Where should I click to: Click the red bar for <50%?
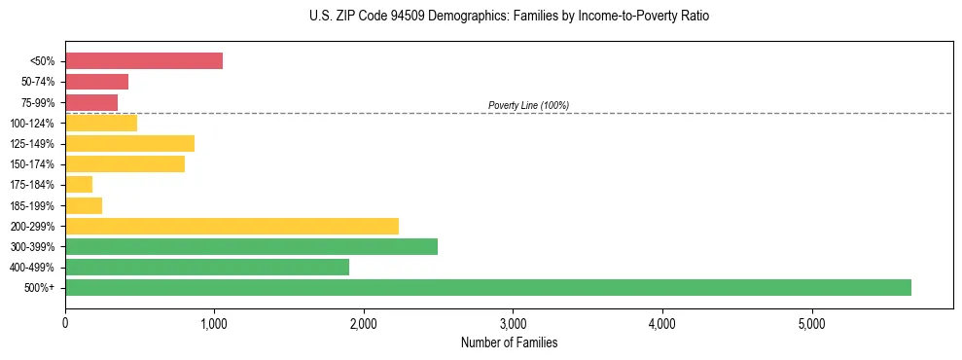click(x=144, y=61)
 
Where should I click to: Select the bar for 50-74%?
click(x=96, y=82)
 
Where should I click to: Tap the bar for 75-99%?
click(x=91, y=102)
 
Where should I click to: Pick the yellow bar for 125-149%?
click(x=129, y=143)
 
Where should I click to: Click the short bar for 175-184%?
click(x=79, y=185)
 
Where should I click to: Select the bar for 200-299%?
click(x=232, y=226)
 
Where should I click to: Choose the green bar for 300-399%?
click(x=251, y=246)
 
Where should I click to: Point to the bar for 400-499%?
click(x=207, y=267)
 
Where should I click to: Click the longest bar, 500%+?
click(x=488, y=287)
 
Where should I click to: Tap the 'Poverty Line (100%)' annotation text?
click(x=528, y=105)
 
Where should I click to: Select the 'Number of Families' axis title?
click(x=509, y=342)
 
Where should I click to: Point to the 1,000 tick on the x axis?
click(x=214, y=323)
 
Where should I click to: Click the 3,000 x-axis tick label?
click(x=513, y=323)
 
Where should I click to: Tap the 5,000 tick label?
click(x=811, y=323)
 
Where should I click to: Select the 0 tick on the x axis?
click(x=65, y=323)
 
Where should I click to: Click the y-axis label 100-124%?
click(x=32, y=124)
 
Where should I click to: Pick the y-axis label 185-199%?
click(x=32, y=205)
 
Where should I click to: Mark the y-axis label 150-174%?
click(x=32, y=164)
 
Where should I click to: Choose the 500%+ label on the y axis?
click(x=40, y=288)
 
